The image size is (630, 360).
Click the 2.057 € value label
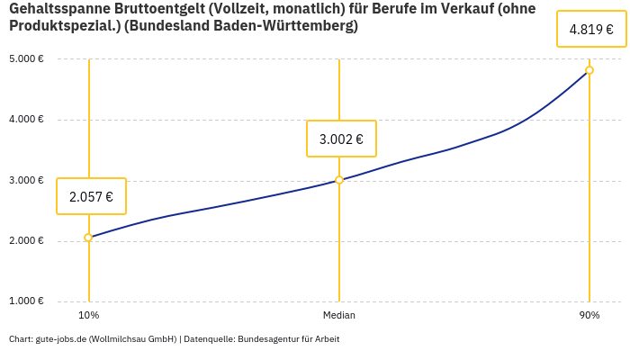91,196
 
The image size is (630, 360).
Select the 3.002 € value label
341,139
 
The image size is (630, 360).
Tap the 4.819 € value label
591,30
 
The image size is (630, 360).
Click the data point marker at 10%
88,238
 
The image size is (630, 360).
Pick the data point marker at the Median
339,180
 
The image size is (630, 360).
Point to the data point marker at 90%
589,70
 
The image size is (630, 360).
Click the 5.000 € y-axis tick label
27,59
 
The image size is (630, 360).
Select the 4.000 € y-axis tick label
27,120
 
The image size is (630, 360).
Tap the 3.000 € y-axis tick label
27,180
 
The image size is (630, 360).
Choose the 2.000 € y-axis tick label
27,240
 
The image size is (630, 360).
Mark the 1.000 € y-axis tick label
27,301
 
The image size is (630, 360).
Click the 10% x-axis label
88,315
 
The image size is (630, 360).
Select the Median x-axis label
339,315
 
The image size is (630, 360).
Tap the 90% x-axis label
589,315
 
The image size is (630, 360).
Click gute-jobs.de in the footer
60,339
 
